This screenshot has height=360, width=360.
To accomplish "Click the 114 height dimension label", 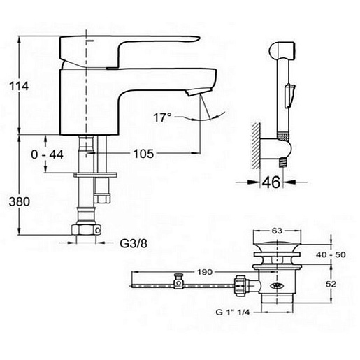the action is click(x=19, y=86).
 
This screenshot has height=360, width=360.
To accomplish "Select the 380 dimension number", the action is click(x=20, y=201).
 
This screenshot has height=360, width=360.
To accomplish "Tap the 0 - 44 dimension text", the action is click(x=47, y=154).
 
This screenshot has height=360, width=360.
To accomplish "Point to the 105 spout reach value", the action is click(x=143, y=154).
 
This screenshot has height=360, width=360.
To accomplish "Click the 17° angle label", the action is click(x=162, y=117).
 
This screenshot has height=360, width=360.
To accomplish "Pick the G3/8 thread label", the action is click(x=134, y=244).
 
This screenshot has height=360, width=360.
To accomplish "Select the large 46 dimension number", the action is click(x=271, y=182).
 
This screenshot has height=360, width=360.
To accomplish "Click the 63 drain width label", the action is click(x=277, y=231).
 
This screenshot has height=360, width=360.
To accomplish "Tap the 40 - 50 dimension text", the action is click(x=331, y=254).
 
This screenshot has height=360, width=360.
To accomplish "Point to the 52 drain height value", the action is click(x=331, y=284).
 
